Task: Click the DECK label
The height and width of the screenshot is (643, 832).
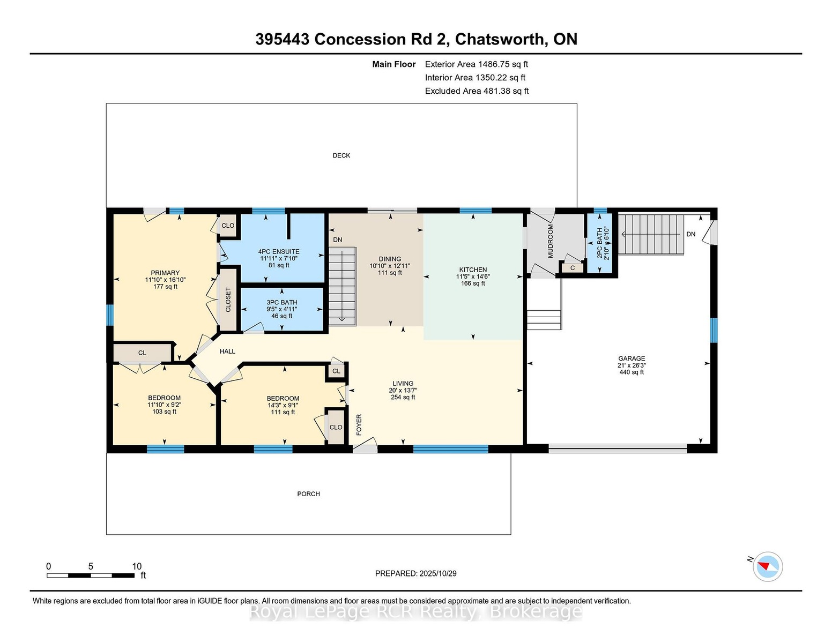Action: coord(341,155)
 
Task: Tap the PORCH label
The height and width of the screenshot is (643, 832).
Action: coord(308,494)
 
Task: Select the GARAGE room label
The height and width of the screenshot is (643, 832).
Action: coord(632,358)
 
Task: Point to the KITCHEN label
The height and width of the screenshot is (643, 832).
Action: coord(473,270)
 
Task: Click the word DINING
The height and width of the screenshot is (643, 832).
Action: coord(390,259)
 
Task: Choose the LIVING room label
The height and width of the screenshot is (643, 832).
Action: coord(403,383)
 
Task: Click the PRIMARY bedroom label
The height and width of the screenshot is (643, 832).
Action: coord(165,273)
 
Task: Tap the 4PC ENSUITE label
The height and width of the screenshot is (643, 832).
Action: coord(279,252)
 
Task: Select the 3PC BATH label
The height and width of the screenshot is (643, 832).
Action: coord(282,302)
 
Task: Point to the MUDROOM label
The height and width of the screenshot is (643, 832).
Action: coord(551,241)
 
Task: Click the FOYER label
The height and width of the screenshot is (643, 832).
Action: coord(359,424)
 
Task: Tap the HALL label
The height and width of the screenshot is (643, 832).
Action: coord(227,351)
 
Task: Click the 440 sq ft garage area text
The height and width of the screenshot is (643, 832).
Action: coord(632,372)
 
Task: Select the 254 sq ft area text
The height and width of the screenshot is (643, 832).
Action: coord(403,397)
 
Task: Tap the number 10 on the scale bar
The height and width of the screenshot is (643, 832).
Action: coord(137,566)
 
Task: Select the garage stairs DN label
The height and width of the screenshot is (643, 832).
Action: coord(690,234)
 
